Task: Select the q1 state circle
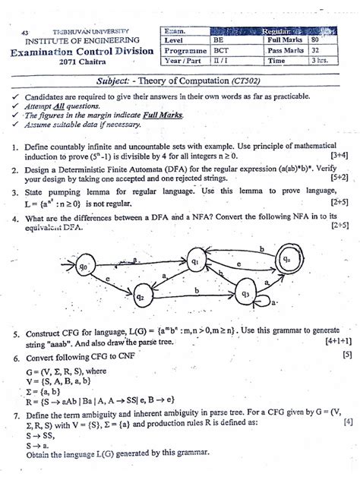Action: [x=195, y=261]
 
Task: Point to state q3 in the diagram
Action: [x=245, y=293]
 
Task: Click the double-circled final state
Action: [x=286, y=259]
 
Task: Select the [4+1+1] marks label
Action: [x=334, y=343]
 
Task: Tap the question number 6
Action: [x=15, y=354]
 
